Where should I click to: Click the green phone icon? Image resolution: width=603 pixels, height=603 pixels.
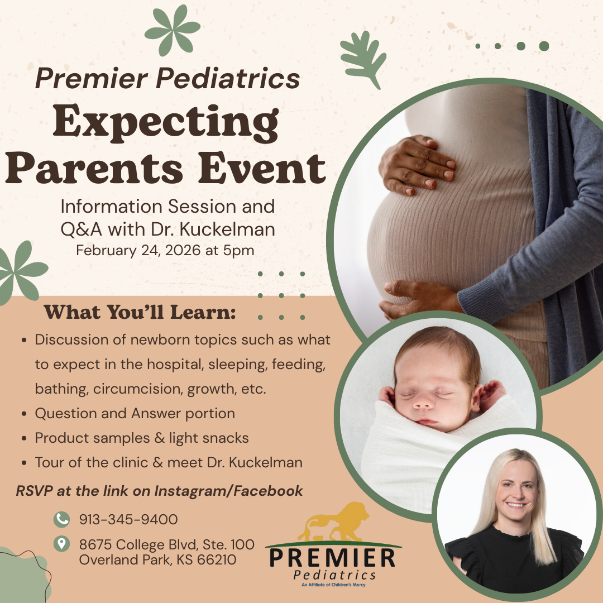(61, 519)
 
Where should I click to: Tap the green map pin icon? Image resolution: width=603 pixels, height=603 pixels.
(61, 544)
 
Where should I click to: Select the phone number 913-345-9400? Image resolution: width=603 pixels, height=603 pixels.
(128, 519)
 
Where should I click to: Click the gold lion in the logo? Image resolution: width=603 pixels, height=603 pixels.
(333, 522)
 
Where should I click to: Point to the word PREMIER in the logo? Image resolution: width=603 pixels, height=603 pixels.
(333, 558)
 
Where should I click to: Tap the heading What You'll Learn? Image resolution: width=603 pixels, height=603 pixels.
(140, 312)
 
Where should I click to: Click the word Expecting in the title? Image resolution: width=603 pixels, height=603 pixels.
(166, 123)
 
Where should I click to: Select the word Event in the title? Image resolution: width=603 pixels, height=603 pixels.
(262, 168)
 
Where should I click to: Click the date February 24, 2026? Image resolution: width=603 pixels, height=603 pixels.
(138, 250)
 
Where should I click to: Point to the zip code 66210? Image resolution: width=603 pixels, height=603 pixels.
(217, 559)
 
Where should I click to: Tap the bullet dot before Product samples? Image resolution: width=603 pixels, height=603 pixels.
(24, 438)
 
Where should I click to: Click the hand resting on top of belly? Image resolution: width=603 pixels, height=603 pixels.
(417, 165)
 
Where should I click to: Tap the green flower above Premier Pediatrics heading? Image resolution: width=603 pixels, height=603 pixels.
(173, 30)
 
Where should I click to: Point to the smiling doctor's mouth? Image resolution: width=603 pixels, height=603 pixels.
(516, 505)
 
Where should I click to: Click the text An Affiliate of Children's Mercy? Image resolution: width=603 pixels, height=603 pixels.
(333, 585)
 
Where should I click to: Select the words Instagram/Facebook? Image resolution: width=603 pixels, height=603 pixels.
(228, 491)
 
